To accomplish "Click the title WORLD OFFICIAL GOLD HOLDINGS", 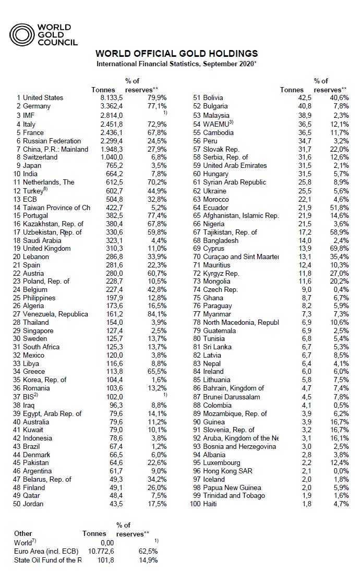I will [x=176, y=54].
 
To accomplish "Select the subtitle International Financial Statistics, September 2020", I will [x=176, y=64].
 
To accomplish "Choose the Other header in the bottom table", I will [x=23, y=533].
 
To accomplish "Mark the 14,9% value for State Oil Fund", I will [x=147, y=560].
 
